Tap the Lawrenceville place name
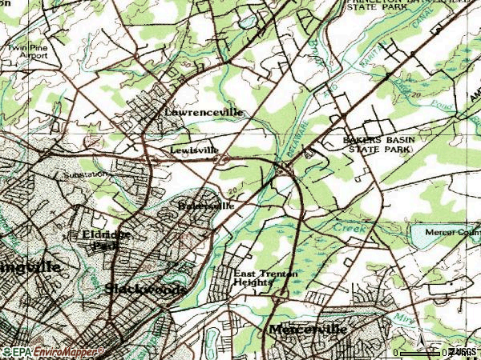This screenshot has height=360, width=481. [204, 114]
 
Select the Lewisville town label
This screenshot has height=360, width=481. [192, 150]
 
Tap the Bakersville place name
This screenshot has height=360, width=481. [206, 206]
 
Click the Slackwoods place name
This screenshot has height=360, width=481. [146, 288]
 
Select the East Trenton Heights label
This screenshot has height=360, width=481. [265, 278]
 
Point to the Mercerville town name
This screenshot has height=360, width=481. [308, 330]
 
